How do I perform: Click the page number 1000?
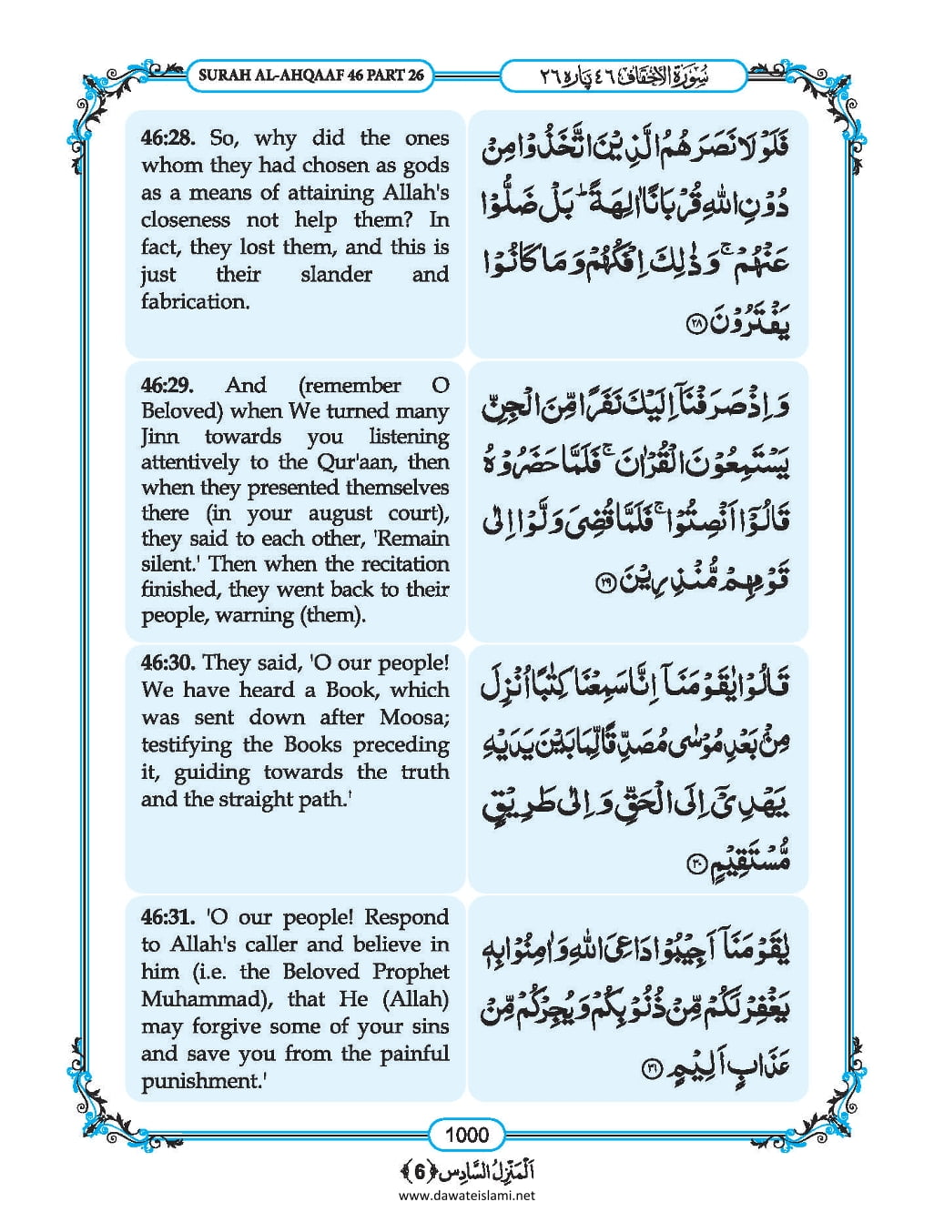[466, 1135]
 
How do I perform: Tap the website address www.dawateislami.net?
[466, 1195]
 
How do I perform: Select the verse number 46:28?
[168, 138]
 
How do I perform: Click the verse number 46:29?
[168, 385]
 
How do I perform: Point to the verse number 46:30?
[168, 662]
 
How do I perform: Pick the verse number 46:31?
[168, 917]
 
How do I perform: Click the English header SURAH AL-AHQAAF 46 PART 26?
[311, 76]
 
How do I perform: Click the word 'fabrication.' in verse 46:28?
[195, 302]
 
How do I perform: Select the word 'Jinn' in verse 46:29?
[160, 437]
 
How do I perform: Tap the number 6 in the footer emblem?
[419, 1170]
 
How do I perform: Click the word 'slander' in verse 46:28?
[336, 275]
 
